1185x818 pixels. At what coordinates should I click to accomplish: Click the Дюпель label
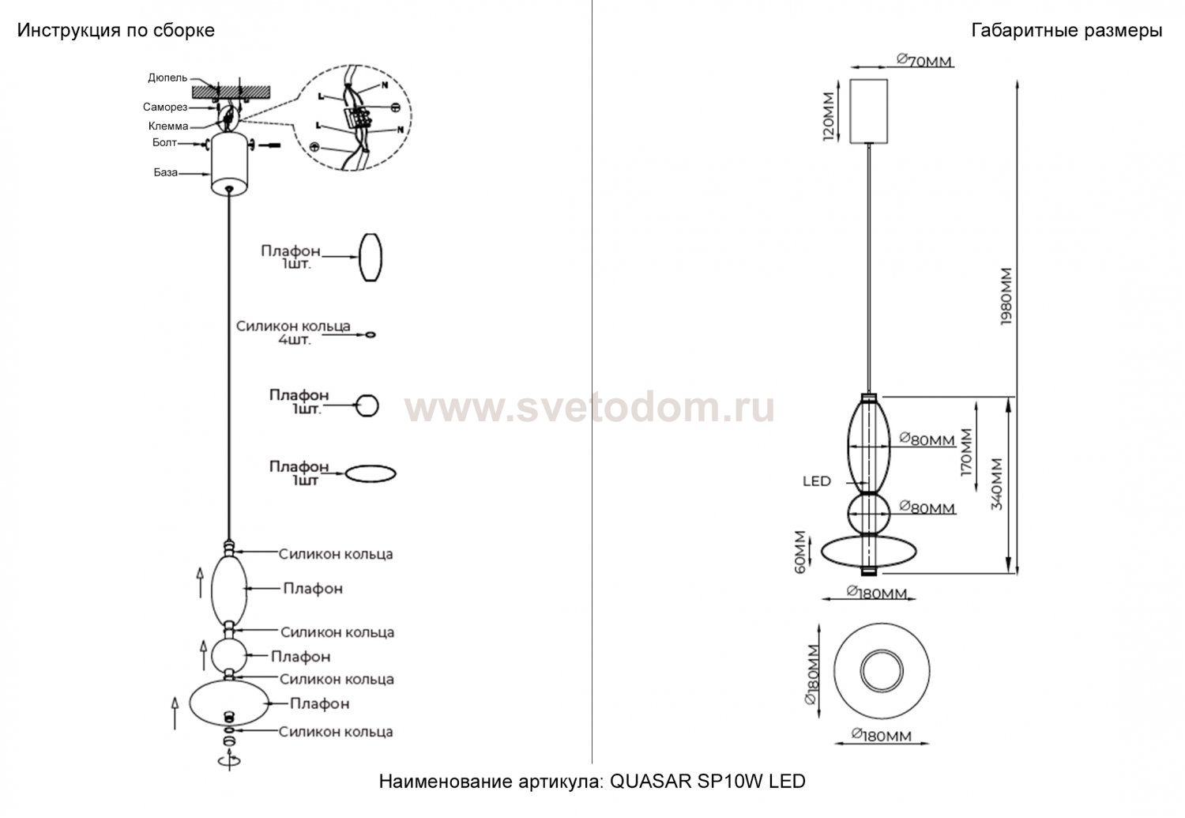(167, 77)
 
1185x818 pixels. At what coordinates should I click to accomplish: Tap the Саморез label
(164, 107)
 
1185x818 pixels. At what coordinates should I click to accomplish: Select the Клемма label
(167, 126)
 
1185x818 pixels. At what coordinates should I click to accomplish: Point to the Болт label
(164, 143)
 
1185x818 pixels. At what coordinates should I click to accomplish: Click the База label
(165, 172)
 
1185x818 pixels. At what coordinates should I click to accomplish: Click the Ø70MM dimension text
(924, 60)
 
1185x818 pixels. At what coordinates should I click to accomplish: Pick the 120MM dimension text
(827, 115)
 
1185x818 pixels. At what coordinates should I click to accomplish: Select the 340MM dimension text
(996, 484)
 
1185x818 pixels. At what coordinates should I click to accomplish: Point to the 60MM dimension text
(800, 551)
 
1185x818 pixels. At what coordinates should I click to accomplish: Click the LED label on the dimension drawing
(816, 481)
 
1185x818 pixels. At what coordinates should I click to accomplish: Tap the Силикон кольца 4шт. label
(293, 333)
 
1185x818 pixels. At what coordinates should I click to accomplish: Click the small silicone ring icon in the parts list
(370, 335)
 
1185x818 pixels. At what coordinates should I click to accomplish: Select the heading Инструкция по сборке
(116, 31)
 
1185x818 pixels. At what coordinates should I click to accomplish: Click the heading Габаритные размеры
(1066, 31)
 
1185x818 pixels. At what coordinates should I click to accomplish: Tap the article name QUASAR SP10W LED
(592, 782)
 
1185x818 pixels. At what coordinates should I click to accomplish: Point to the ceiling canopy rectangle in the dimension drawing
(867, 111)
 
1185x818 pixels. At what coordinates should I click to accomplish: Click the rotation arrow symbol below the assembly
(230, 760)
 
